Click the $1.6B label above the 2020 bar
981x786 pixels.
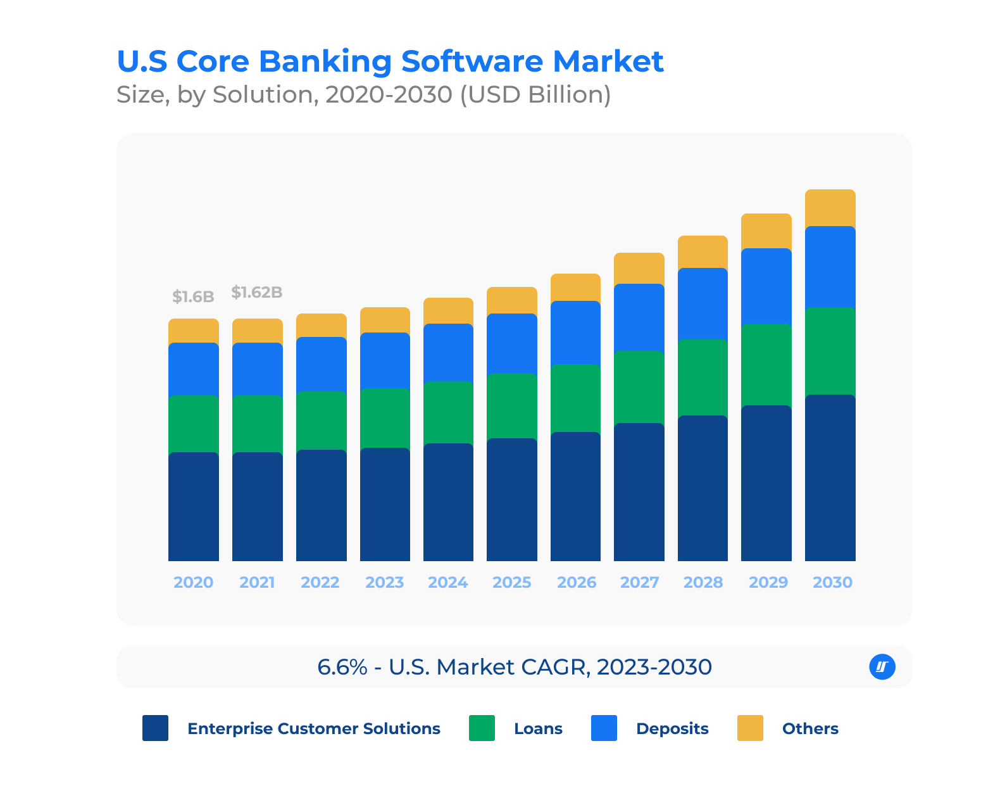193,296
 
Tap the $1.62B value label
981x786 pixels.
256,292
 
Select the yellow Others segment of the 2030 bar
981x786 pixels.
830,208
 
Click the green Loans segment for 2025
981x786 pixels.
511,405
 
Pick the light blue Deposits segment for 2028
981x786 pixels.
703,303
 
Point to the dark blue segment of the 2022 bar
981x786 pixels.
321,505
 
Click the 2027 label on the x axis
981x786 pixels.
639,582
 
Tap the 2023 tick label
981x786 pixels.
384,582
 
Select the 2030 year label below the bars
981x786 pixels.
832,582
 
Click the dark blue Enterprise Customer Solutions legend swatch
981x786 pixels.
155,728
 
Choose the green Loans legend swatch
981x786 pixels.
482,728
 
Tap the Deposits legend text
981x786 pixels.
672,728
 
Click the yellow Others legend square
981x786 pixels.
750,728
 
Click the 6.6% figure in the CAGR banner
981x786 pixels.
342,667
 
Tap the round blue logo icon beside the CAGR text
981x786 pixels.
882,666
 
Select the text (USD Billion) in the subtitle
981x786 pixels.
535,94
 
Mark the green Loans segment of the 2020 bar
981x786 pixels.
193,423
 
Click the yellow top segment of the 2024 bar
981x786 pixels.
448,310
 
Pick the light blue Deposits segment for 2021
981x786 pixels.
257,369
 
